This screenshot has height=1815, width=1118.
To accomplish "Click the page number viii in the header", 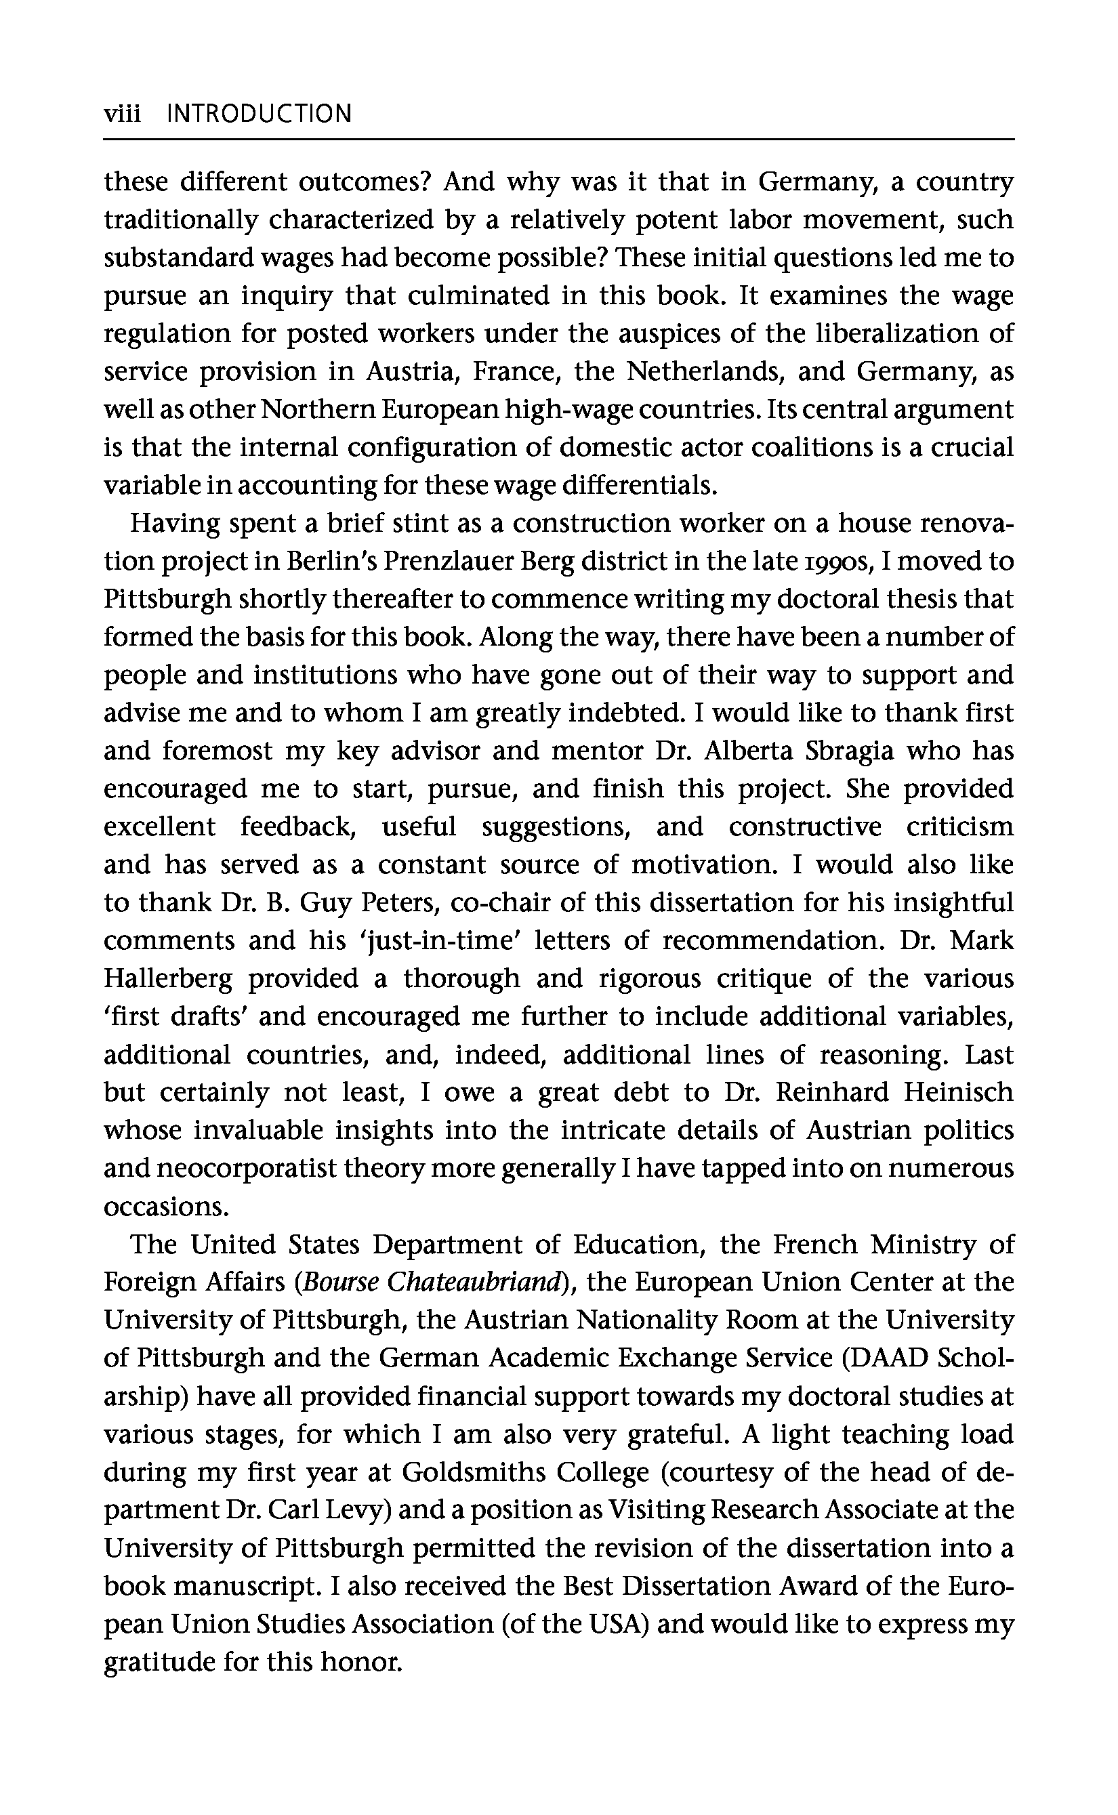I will coord(122,114).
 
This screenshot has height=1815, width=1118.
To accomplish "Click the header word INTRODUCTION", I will coord(260,114).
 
